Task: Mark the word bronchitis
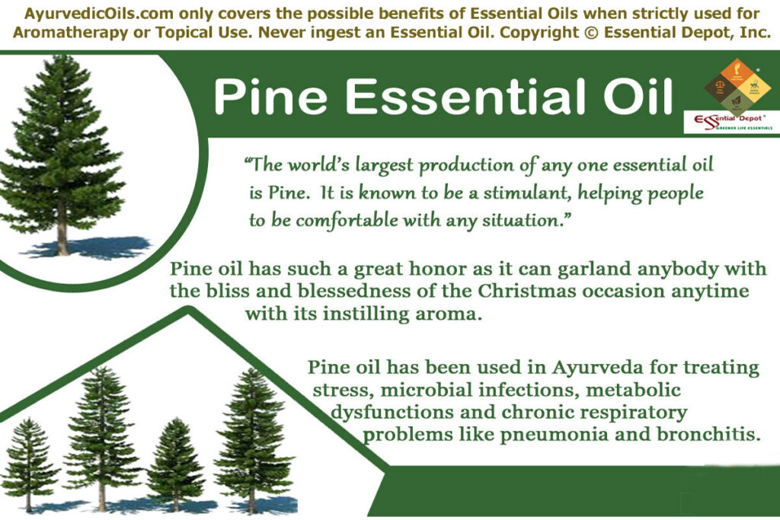[x=708, y=435]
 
